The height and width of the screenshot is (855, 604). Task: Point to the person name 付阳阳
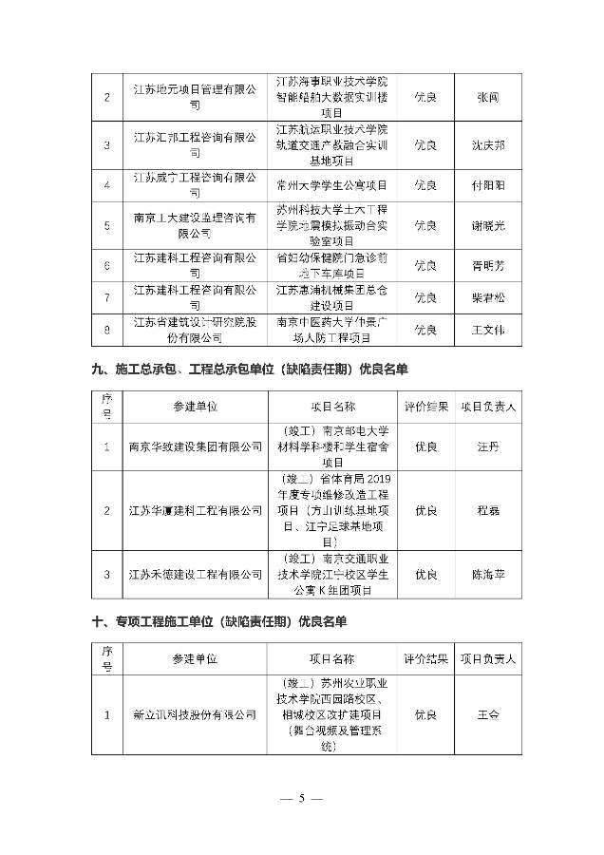coord(488,184)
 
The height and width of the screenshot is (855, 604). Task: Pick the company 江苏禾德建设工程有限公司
coord(196,575)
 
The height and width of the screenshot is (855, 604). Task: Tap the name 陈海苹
coord(488,575)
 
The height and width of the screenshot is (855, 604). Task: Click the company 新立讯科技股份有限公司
coord(196,714)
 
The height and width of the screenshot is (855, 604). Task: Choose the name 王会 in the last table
coord(488,714)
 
